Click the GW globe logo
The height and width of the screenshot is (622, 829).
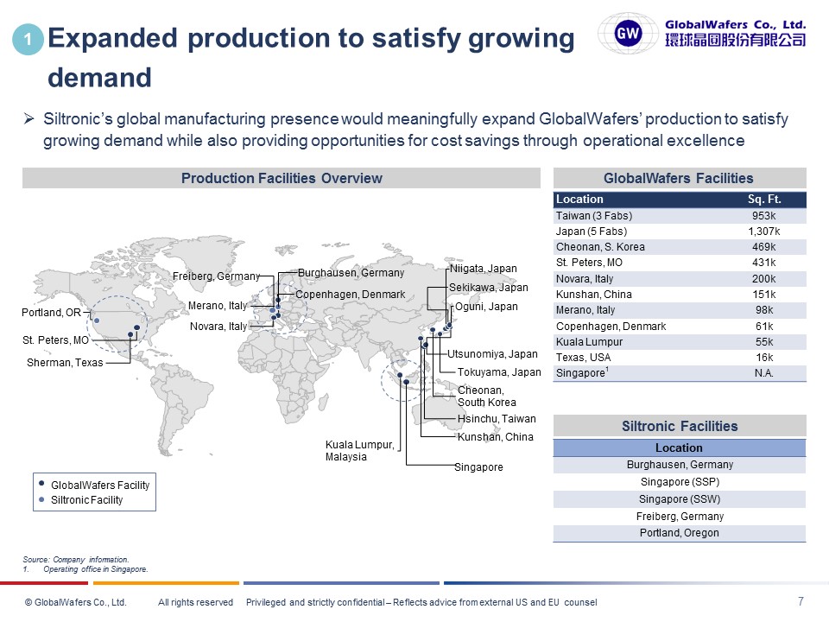pos(628,34)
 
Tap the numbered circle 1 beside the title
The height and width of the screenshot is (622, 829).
pos(28,40)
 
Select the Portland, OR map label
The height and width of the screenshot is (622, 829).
pos(51,312)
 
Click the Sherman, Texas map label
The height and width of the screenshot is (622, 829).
pos(65,363)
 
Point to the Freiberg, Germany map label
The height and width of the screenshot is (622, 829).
pos(216,276)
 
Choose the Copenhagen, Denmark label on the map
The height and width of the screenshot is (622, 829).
pos(351,295)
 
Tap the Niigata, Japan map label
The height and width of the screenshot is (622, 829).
pos(484,269)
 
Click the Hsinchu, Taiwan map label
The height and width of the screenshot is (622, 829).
pos(497,419)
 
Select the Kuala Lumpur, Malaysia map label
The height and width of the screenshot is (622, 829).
pos(360,451)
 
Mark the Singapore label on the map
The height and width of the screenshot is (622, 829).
pos(478,467)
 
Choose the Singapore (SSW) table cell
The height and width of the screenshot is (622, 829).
pos(679,499)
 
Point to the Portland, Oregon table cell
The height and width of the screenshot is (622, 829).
pos(679,533)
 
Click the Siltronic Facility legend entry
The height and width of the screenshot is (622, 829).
pos(86,500)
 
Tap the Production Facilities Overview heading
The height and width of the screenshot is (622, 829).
pos(282,179)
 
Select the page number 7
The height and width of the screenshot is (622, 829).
pos(801,601)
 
